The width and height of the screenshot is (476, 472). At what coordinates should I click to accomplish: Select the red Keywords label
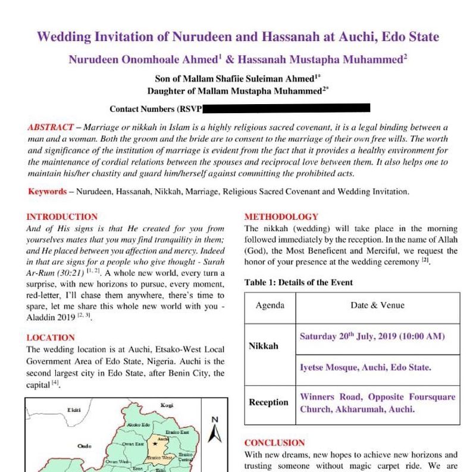click(47, 192)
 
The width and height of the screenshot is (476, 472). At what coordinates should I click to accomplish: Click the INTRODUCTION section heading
click(62, 217)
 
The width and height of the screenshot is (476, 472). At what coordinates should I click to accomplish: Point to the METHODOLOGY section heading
click(281, 217)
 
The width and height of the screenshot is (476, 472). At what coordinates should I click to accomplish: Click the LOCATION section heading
click(51, 337)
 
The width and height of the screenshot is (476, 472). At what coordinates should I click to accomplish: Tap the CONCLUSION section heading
click(274, 443)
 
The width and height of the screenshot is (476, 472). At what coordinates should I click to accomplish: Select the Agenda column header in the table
click(270, 305)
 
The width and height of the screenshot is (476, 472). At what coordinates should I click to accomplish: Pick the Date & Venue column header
click(378, 305)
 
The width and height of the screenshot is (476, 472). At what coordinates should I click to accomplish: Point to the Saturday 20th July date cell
click(372, 336)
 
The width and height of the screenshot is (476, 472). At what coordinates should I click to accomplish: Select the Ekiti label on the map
click(74, 410)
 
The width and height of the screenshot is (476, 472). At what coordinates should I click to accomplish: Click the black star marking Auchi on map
click(155, 443)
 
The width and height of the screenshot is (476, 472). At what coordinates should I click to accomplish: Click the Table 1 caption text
click(298, 282)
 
